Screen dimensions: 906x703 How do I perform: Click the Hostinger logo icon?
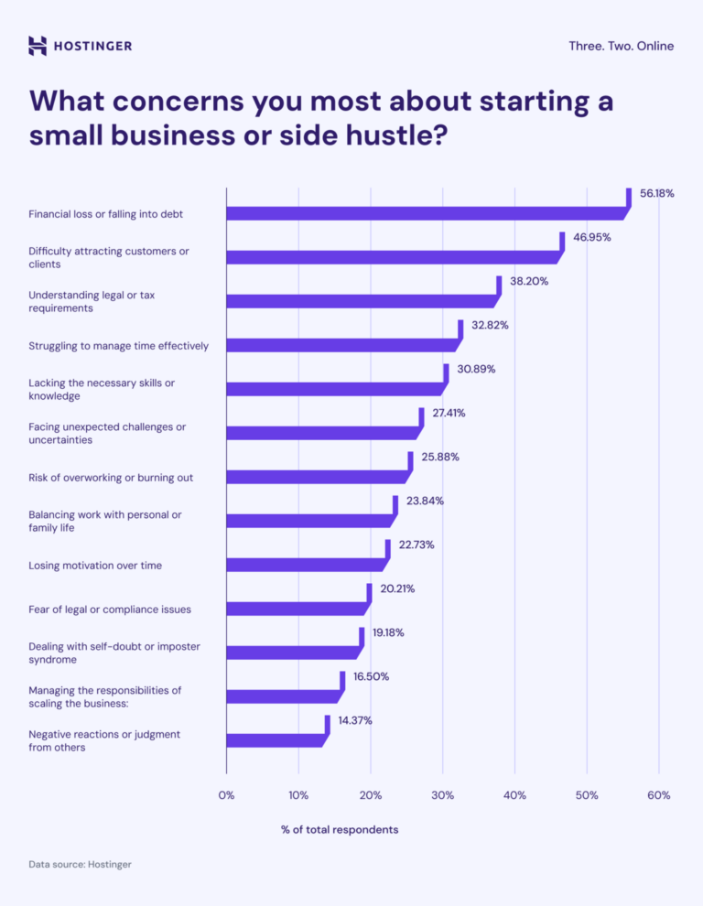coord(38,46)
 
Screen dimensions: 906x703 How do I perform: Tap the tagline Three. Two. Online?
coord(621,46)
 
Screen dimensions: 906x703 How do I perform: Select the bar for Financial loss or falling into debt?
coord(426,213)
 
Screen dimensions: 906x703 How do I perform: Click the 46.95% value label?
coord(591,237)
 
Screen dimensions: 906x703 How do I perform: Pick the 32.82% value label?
coord(490,325)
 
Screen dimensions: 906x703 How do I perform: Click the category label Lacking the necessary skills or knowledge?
coord(102,389)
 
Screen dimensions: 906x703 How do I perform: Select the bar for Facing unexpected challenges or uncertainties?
coord(321,433)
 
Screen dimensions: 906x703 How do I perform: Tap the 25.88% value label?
coord(440,457)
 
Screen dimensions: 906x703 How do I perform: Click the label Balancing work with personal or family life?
coord(105,521)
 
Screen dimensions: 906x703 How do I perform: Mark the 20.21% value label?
coord(397,588)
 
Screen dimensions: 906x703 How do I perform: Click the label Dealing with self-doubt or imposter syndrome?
coord(114,653)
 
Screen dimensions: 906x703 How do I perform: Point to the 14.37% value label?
coord(355,720)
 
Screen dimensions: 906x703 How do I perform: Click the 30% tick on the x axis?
coord(442,795)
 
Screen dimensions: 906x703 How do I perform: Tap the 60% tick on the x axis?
coord(658,795)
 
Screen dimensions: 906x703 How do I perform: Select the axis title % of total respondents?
coord(340,829)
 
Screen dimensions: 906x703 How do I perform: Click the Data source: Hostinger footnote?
coord(80,864)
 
